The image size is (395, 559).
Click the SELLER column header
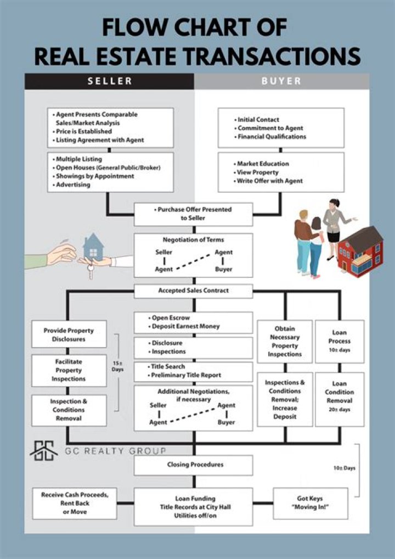(x=110, y=81)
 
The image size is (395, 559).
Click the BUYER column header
(x=281, y=81)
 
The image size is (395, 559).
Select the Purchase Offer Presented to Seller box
(x=193, y=214)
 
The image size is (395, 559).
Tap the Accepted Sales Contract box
(x=193, y=290)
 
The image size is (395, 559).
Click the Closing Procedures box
(x=193, y=465)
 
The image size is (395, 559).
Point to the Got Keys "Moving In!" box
(x=310, y=503)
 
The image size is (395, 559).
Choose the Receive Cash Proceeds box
(x=69, y=503)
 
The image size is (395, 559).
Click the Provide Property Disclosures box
(x=69, y=335)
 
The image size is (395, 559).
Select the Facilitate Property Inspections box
(x=69, y=371)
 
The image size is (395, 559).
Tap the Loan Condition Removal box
(x=339, y=396)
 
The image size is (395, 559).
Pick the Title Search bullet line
(x=168, y=366)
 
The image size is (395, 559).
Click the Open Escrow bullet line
(x=170, y=318)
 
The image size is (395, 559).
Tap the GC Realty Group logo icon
(x=44, y=451)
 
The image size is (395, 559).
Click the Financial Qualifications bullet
(x=272, y=137)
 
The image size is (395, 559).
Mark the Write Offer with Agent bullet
(x=269, y=181)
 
